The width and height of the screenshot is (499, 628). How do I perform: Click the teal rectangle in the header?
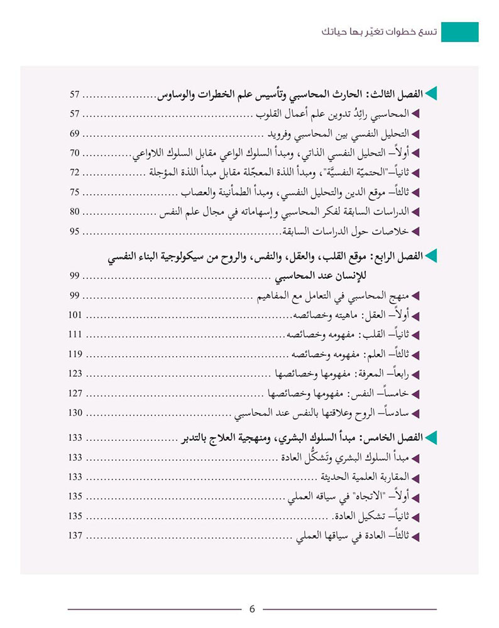[x=459, y=32]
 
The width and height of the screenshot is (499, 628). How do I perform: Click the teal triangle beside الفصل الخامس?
[x=431, y=438]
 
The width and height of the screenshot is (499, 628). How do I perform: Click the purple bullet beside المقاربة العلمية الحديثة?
[x=415, y=477]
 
